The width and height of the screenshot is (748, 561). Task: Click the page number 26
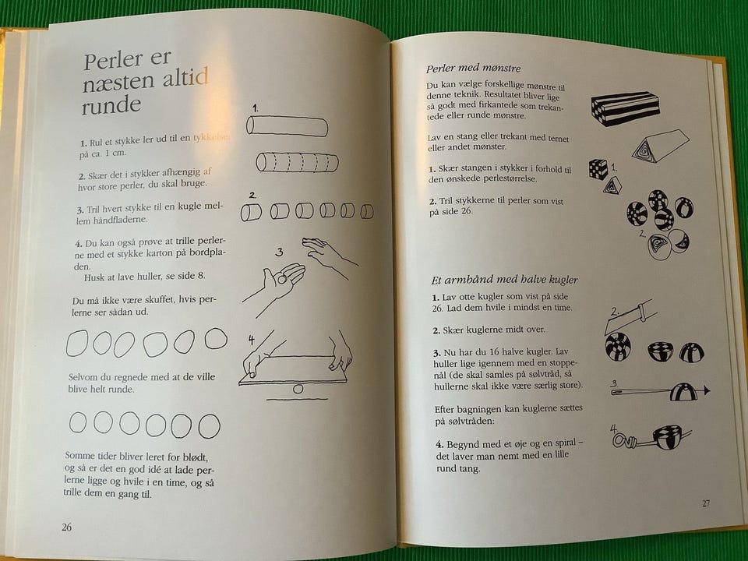(67, 527)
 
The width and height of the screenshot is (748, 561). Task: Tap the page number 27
(706, 503)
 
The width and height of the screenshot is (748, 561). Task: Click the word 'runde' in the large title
(111, 105)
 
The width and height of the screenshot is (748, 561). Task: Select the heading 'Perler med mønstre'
(473, 69)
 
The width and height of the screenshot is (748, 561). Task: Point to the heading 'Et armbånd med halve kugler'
(504, 280)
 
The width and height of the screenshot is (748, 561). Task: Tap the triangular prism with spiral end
(661, 146)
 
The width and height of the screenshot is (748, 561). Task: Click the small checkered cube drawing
(598, 169)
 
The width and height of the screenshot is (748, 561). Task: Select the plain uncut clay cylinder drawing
(288, 126)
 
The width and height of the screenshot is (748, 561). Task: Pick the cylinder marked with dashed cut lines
(297, 163)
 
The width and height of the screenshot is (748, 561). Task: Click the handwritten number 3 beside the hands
(279, 252)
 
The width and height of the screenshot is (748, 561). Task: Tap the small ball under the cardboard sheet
(298, 389)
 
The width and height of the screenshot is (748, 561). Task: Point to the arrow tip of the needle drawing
(706, 390)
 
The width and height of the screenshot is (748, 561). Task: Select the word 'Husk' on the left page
(94, 277)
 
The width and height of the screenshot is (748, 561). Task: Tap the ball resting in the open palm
(282, 279)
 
